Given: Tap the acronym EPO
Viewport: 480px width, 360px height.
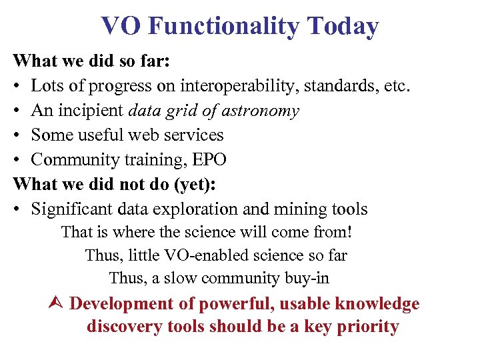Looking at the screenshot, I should pyautogui.click(x=207, y=159).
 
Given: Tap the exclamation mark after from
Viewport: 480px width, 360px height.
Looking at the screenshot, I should pyautogui.click(x=349, y=233).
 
